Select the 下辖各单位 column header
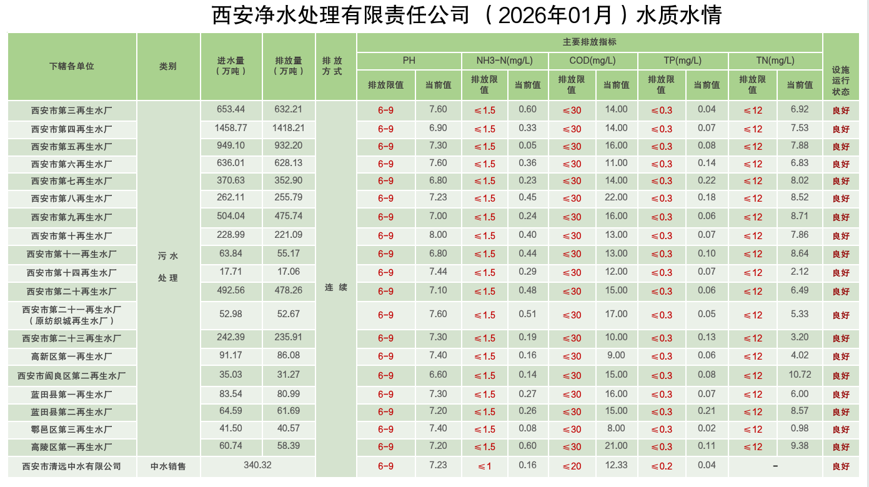[72, 66]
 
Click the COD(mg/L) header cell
[592, 61]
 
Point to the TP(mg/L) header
[682, 61]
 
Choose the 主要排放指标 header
[589, 42]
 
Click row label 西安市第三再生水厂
[72, 111]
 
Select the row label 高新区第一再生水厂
[72, 357]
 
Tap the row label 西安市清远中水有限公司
[72, 466]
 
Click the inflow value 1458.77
[231, 128]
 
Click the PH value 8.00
[438, 235]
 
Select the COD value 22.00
[616, 197]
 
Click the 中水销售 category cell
[168, 466]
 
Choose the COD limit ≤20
[572, 466]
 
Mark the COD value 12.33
[616, 465]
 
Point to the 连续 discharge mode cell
[335, 288]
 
